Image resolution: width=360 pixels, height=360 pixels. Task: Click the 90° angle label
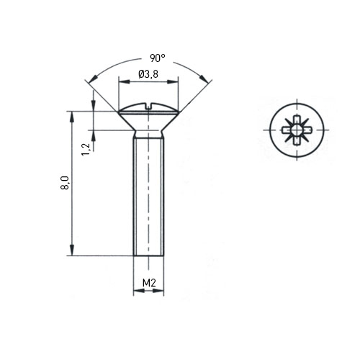pyautogui.click(x=158, y=58)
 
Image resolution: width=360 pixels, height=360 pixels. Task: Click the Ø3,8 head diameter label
pyautogui.click(x=148, y=74)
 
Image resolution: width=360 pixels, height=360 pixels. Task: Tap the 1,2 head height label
pyautogui.click(x=86, y=149)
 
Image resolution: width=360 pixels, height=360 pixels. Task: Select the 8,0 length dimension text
pyautogui.click(x=65, y=183)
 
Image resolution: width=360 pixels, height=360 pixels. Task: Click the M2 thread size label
pyautogui.click(x=149, y=283)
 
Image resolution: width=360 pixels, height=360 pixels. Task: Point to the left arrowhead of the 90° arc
pyautogui.click(x=92, y=78)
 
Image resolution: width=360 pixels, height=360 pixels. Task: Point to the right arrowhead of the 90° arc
pyautogui.click(x=204, y=78)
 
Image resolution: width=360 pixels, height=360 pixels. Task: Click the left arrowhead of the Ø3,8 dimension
pyautogui.click(x=125, y=82)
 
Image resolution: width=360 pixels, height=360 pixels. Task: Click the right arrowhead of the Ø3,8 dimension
pyautogui.click(x=173, y=82)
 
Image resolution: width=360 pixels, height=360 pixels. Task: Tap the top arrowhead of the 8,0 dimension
pyautogui.click(x=72, y=117)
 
